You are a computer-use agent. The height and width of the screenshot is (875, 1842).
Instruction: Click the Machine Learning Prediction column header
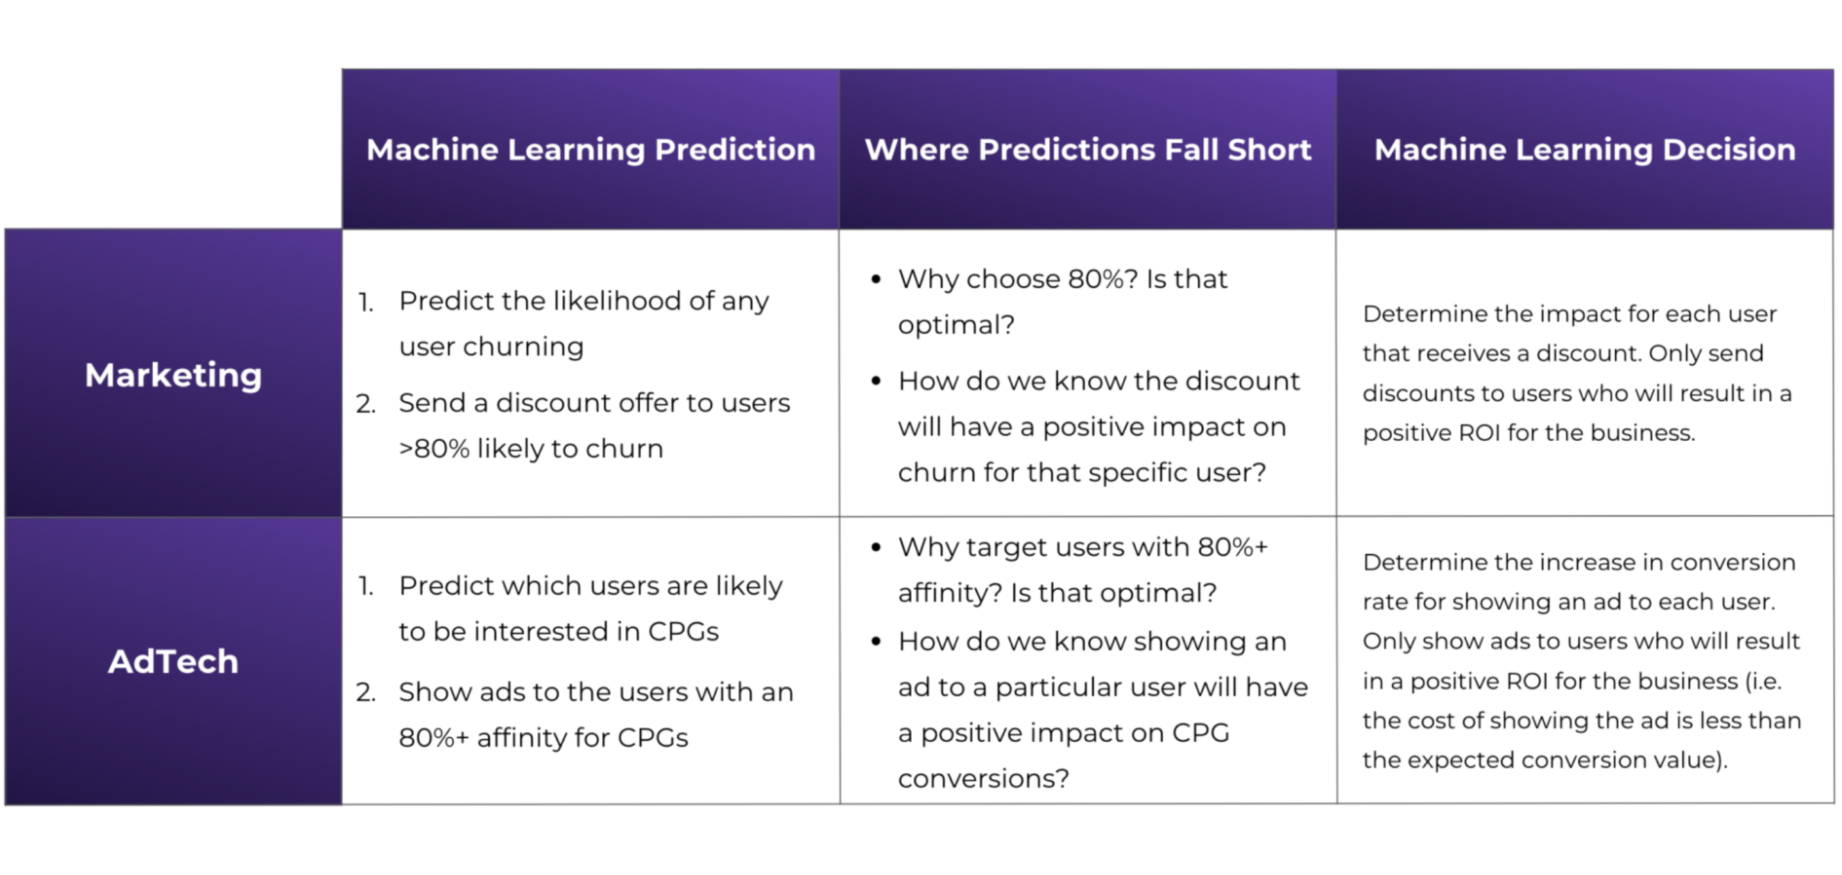click(590, 149)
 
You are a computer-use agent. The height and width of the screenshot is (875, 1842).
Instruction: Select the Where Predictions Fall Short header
click(1088, 149)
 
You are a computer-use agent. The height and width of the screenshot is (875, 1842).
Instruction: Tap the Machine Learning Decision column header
click(1585, 149)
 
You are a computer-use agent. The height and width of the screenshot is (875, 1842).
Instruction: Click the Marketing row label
click(173, 375)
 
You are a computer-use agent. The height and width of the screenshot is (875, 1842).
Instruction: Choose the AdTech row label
click(173, 661)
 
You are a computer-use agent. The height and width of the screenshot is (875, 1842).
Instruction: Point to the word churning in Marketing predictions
click(523, 348)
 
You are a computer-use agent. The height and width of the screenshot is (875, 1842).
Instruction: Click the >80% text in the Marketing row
click(434, 449)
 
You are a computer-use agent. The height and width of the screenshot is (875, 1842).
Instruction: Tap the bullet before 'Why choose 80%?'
click(876, 279)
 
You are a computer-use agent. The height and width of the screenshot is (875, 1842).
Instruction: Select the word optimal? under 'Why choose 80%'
click(956, 326)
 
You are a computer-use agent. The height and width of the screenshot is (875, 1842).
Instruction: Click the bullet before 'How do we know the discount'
click(876, 381)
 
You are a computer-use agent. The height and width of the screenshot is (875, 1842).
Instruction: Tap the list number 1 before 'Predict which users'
click(366, 587)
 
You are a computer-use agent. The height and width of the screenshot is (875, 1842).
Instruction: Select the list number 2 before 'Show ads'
click(365, 692)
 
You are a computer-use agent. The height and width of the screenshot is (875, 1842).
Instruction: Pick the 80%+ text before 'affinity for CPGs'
click(433, 737)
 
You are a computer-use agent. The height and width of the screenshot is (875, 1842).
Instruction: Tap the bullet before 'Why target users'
click(876, 548)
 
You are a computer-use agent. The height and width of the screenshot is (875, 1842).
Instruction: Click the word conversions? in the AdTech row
click(983, 779)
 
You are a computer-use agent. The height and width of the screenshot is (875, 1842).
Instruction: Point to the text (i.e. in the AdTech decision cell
click(1763, 681)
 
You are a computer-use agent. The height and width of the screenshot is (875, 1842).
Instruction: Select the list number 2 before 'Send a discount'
click(365, 404)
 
